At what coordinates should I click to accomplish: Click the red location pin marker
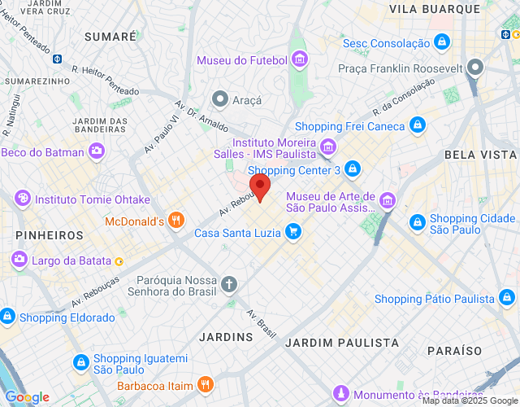pos(259,186)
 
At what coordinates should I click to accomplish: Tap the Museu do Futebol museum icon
pos(300,59)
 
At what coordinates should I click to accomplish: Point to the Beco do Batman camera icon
pos(97,151)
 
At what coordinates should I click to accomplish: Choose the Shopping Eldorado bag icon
pos(7,317)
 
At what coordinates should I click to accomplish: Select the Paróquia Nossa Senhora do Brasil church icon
pos(230,284)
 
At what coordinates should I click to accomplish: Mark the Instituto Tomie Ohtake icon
pos(24,198)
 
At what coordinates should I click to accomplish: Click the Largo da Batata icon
pos(19,260)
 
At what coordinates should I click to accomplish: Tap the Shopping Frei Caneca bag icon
pos(417,125)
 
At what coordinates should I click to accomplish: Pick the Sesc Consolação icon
pos(441,42)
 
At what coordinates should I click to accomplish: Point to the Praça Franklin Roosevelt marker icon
pos(475,67)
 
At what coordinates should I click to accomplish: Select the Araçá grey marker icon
pos(219,99)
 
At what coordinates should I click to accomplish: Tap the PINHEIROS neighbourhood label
pos(50,234)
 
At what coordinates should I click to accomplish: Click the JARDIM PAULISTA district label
pos(342,343)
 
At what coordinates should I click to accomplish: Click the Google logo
pos(28,397)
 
